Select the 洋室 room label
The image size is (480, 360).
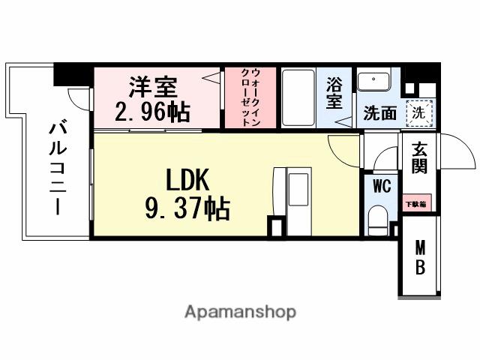[x=153, y=86]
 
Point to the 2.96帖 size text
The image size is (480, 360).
[x=153, y=112]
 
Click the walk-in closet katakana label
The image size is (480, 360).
[x=250, y=99]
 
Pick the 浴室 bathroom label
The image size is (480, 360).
[x=334, y=94]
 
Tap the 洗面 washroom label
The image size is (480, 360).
[x=379, y=113]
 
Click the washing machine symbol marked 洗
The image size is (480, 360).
[x=420, y=112]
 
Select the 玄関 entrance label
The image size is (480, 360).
[x=418, y=157]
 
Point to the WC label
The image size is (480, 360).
[x=380, y=187]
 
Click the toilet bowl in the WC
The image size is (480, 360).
[x=379, y=222]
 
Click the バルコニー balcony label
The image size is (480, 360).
[x=55, y=168]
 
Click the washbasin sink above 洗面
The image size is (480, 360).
[x=373, y=81]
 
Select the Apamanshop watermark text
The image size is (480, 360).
[x=240, y=311]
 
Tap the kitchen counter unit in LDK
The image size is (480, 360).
[x=298, y=201]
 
